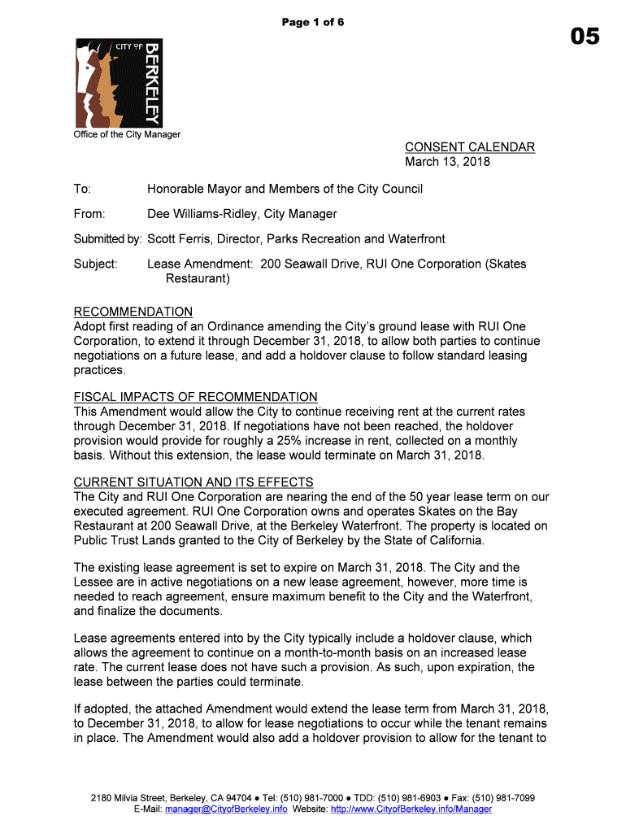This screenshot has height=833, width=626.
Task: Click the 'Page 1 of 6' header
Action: [x=313, y=22]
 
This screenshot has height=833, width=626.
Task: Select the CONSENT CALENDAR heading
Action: [x=470, y=147]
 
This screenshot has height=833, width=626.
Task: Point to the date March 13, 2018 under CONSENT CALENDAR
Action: [x=448, y=162]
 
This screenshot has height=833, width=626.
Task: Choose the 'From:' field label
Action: [x=89, y=214]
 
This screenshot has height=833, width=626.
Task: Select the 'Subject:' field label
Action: [x=96, y=264]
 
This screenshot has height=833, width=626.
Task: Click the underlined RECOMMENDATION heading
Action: [x=133, y=312]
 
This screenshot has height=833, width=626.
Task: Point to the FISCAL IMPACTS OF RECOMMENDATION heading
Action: [x=195, y=397]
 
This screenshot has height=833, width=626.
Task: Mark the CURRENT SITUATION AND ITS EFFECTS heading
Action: [x=193, y=482]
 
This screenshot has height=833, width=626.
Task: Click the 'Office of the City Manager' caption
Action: [x=127, y=134]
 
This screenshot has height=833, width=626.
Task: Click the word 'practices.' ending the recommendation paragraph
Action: [x=100, y=370]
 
